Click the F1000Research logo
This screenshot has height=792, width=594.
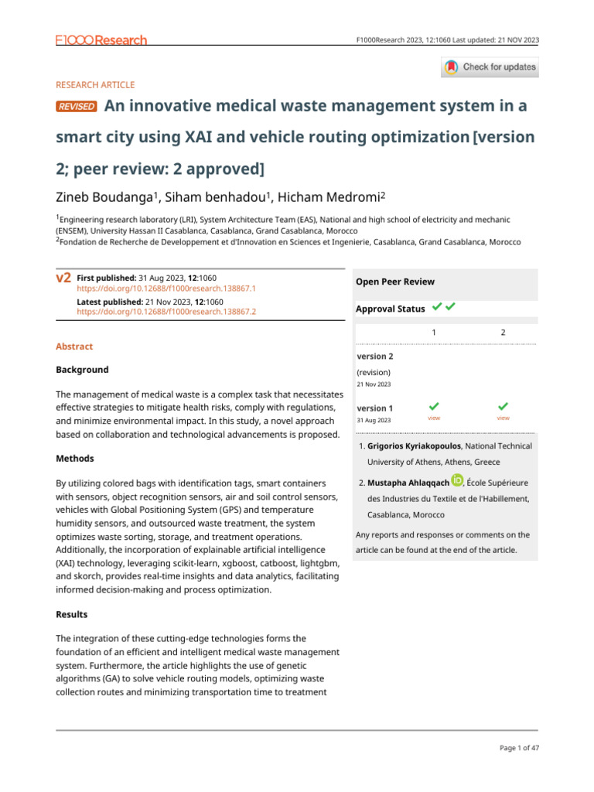pos(101,39)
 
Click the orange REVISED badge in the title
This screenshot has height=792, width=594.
pos(77,107)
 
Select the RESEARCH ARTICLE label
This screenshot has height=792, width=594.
pos(95,85)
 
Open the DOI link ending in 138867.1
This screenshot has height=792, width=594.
pos(166,288)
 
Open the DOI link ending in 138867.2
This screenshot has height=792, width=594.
pos(166,312)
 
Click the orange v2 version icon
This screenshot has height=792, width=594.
pos(64,278)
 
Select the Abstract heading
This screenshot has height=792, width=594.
pos(74,347)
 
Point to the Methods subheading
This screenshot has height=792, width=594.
pos(75,459)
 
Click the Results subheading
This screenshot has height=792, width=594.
pos(72,614)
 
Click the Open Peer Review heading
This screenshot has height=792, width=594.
pos(394,282)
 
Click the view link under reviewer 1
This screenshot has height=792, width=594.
pos(434,418)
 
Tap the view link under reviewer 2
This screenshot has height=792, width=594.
pos(503,418)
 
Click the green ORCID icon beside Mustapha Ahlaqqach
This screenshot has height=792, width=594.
pos(456,481)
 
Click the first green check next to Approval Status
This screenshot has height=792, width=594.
pos(437,308)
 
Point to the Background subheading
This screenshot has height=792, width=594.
pos(82,370)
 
